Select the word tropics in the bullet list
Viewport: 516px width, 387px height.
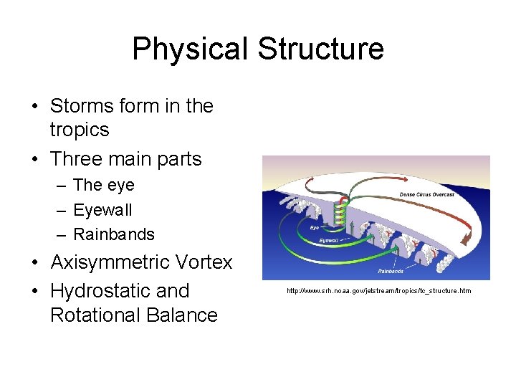(80, 130)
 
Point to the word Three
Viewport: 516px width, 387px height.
(78, 158)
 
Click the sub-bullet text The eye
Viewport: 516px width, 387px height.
(104, 185)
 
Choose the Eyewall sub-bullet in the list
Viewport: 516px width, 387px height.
(102, 210)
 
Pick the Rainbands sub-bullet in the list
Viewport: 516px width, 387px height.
(114, 234)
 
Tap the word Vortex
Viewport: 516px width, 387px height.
(205, 262)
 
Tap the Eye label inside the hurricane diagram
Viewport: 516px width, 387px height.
(313, 227)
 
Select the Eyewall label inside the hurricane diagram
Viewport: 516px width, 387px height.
(329, 241)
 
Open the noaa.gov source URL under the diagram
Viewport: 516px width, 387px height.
(378, 291)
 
